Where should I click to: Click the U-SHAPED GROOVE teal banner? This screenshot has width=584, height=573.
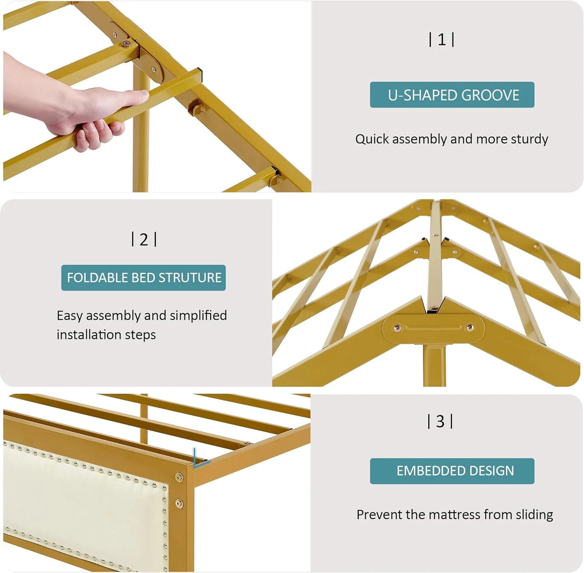pyautogui.click(x=452, y=95)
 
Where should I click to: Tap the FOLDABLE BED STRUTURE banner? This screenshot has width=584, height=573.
pyautogui.click(x=144, y=278)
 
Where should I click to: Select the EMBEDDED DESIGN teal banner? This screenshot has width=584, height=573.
pyautogui.click(x=452, y=471)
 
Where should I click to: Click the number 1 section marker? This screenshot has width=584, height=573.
pyautogui.click(x=441, y=40)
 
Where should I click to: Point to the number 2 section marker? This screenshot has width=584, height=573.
pyautogui.click(x=144, y=239)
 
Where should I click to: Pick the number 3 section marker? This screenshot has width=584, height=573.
pyautogui.click(x=440, y=421)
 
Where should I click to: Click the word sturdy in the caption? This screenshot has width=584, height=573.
pyautogui.click(x=529, y=139)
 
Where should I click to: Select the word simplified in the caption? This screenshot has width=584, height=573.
pyautogui.click(x=198, y=316)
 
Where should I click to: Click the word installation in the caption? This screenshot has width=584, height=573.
pyautogui.click(x=89, y=335)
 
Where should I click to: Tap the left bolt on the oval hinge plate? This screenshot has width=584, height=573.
pyautogui.click(x=397, y=328)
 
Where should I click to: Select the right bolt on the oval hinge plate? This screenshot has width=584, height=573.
pyautogui.click(x=470, y=327)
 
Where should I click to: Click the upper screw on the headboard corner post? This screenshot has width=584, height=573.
pyautogui.click(x=179, y=477)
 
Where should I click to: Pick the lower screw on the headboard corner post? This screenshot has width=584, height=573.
pyautogui.click(x=179, y=503)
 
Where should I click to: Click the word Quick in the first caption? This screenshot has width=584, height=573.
pyautogui.click(x=372, y=139)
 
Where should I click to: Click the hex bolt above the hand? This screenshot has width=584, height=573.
pyautogui.click(x=126, y=44)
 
